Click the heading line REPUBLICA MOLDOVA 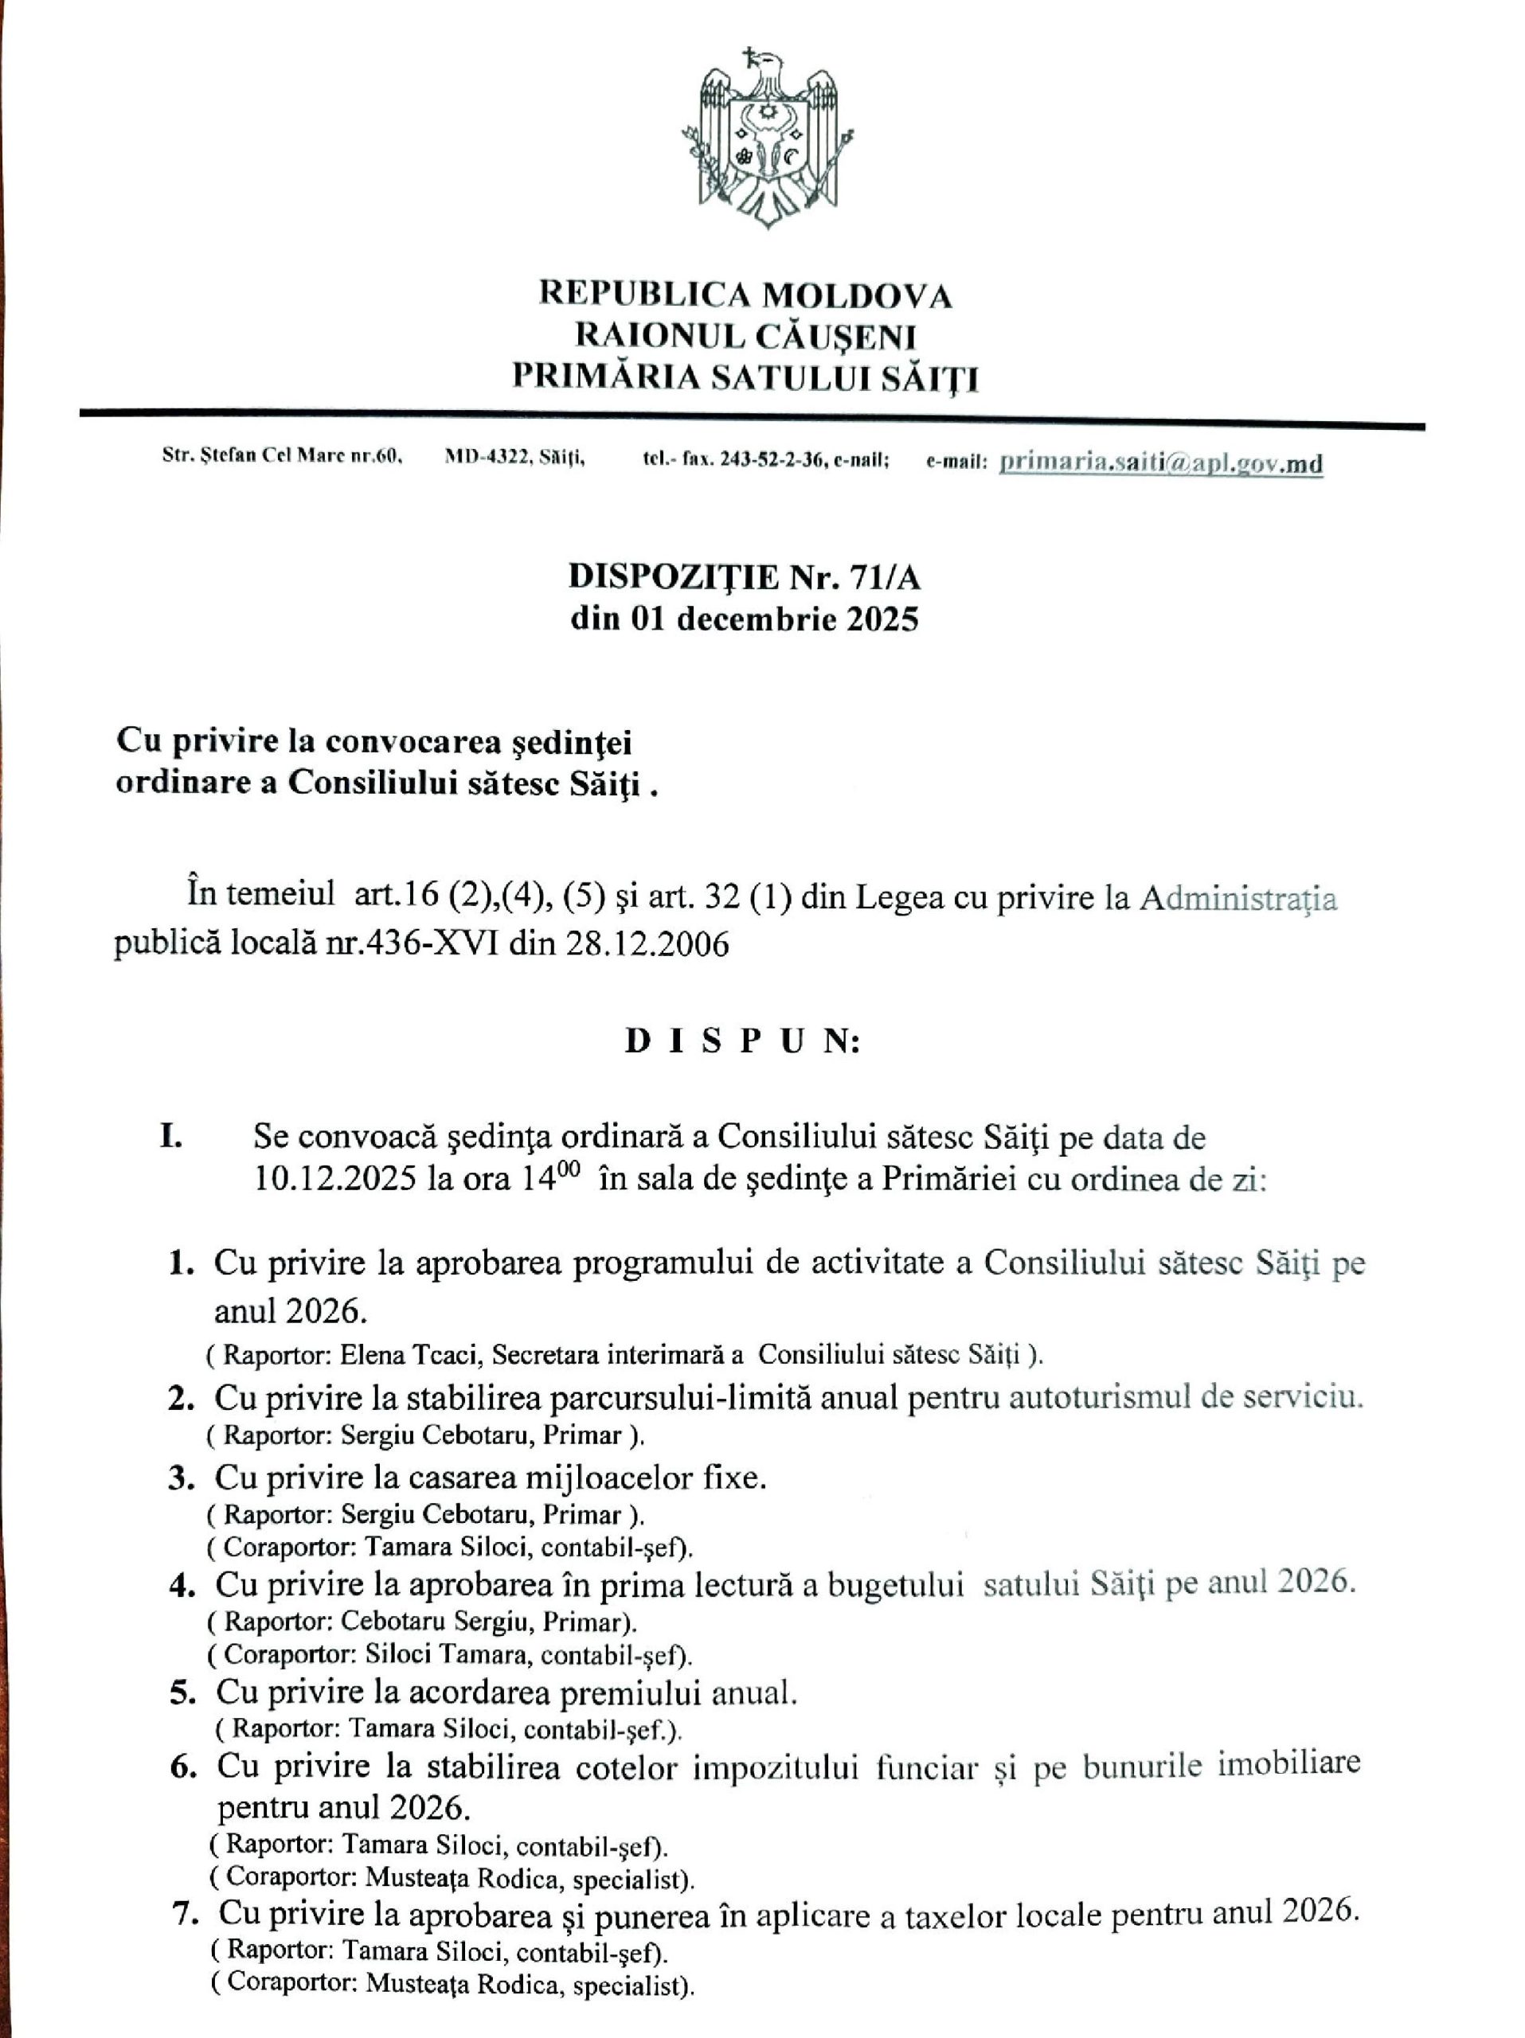[745, 295]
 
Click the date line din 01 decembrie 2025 [745, 619]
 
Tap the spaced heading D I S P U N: [743, 1041]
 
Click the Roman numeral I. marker [171, 1137]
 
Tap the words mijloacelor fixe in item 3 [644, 1478]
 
